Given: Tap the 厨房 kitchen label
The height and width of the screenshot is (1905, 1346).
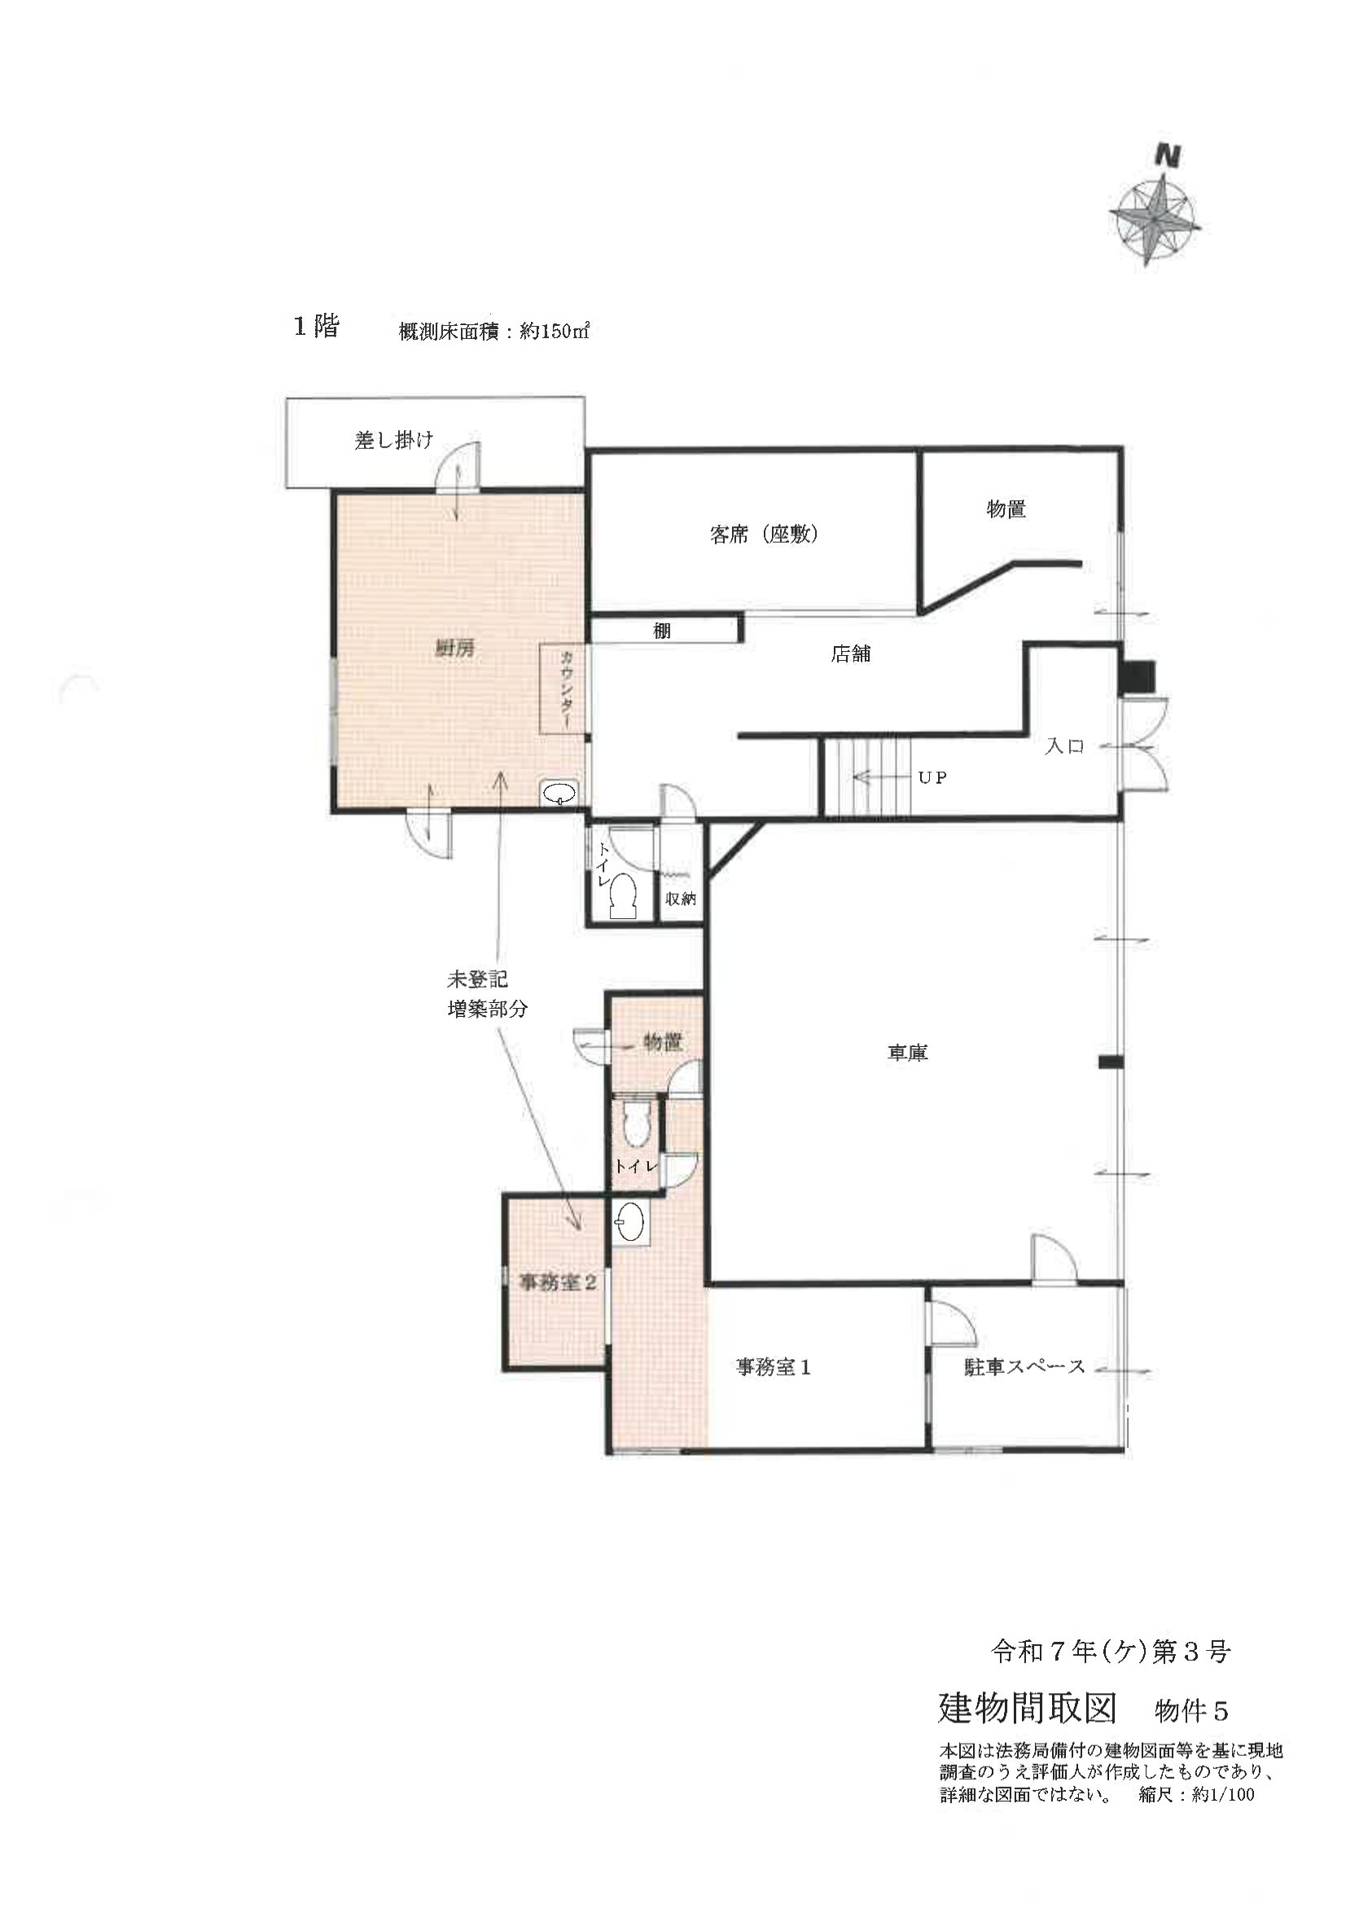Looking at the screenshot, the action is tap(455, 649).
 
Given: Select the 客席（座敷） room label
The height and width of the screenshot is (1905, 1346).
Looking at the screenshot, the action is tap(765, 535).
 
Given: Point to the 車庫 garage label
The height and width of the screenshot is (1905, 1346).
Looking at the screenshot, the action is tap(907, 1053).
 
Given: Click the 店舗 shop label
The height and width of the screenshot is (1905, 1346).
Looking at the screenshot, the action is tap(850, 653).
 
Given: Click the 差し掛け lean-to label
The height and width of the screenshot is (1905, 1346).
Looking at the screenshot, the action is tap(394, 440).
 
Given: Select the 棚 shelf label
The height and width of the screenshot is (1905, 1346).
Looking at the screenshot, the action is tap(661, 631).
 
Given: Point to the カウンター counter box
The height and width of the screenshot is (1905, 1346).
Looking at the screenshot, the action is tap(563, 688).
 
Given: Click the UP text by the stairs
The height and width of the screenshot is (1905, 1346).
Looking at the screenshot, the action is tap(932, 777).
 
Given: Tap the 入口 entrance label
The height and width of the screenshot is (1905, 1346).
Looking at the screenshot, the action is tap(1064, 746).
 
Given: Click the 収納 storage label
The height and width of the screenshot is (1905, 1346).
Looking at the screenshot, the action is tap(681, 899).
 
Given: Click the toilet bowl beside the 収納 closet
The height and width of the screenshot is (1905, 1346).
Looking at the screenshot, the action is tap(623, 896).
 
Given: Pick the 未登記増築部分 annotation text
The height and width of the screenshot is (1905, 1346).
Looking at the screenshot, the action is tap(488, 994).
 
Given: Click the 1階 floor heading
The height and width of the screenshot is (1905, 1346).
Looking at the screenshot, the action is tap(316, 327).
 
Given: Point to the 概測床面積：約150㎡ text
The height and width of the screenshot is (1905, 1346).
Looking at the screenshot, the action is tap(494, 332).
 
